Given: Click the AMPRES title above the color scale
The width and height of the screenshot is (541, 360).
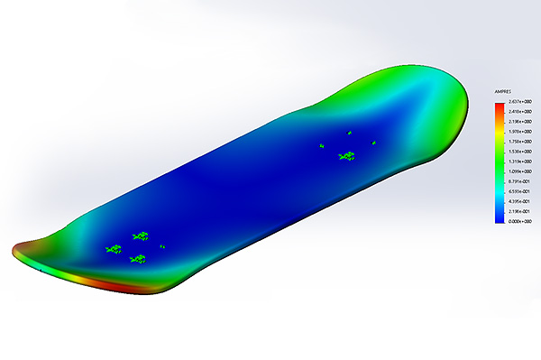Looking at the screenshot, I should pyautogui.click(x=502, y=92).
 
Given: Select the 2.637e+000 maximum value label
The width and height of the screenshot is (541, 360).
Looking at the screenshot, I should pyautogui.click(x=520, y=103).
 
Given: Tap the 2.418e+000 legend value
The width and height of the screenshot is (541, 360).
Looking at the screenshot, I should pyautogui.click(x=520, y=113).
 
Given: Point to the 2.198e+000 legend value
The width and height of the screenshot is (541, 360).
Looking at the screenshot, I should pyautogui.click(x=520, y=122).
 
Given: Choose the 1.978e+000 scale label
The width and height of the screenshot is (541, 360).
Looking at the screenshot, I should pyautogui.click(x=520, y=132).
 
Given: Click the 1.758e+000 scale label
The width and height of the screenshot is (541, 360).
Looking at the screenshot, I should pyautogui.click(x=520, y=142).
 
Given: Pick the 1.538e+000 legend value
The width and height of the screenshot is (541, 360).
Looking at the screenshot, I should pyautogui.click(x=520, y=152).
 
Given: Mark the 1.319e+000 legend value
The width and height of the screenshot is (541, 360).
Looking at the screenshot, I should pyautogui.click(x=520, y=162).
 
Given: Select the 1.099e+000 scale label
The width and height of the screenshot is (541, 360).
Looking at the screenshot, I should pyautogui.click(x=520, y=171).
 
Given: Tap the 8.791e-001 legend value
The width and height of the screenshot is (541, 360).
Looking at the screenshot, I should pyautogui.click(x=520, y=181).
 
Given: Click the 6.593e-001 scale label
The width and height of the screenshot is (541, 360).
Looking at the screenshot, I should pyautogui.click(x=520, y=191).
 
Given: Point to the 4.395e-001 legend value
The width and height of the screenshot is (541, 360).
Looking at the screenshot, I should pyautogui.click(x=520, y=201).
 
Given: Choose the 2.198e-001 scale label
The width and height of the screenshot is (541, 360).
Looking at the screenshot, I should pyautogui.click(x=520, y=211).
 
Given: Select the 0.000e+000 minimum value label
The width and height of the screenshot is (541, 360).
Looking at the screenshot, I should pyautogui.click(x=520, y=221).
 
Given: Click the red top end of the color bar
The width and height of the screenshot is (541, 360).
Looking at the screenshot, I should pyautogui.click(x=499, y=106).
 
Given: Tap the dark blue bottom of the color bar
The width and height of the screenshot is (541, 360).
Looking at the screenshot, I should pyautogui.click(x=499, y=217).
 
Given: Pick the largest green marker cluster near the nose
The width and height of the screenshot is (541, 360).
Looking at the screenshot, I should pyautogui.click(x=346, y=156).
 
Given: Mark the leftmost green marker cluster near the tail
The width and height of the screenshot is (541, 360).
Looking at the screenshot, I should pyautogui.click(x=114, y=248).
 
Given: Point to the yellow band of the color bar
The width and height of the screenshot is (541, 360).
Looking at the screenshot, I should pyautogui.click(x=499, y=135).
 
